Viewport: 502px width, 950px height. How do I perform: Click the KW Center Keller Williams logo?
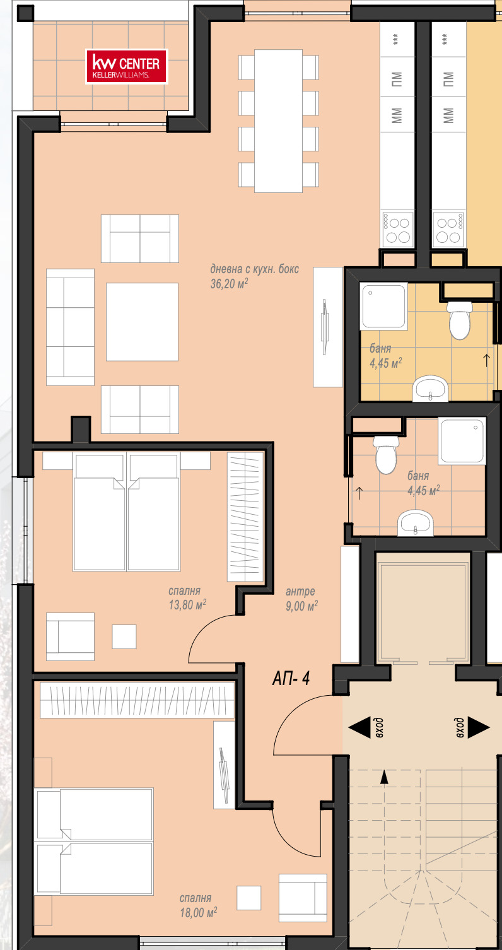pos(127,67)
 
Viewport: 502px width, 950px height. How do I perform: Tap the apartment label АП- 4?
pos(291,678)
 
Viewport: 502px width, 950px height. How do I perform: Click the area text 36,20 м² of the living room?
pos(229,284)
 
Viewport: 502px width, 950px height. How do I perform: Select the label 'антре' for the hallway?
pos(300,591)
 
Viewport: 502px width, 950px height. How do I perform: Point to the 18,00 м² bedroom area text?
pos(199,912)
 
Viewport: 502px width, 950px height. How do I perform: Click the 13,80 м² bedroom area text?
pos(187,605)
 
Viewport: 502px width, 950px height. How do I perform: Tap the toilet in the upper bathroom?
pos(460,320)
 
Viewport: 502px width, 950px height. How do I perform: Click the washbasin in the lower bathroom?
pos(416,522)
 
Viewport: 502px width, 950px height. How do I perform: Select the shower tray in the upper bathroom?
pos(383,306)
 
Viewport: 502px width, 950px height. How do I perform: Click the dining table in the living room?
pos(278,121)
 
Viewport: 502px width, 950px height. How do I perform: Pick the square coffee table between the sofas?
pos(142,322)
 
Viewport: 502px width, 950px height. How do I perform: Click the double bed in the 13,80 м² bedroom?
pos(126,512)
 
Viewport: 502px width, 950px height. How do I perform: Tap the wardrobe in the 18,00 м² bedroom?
pos(137,700)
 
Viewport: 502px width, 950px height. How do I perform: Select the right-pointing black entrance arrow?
pos(479,727)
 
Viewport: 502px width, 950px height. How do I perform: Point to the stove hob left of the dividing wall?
pos(398,230)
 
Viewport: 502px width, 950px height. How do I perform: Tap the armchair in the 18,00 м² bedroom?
pos(303,898)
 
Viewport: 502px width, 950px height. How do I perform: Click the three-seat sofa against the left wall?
pos(70,327)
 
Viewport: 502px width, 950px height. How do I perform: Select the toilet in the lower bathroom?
pos(386,455)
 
